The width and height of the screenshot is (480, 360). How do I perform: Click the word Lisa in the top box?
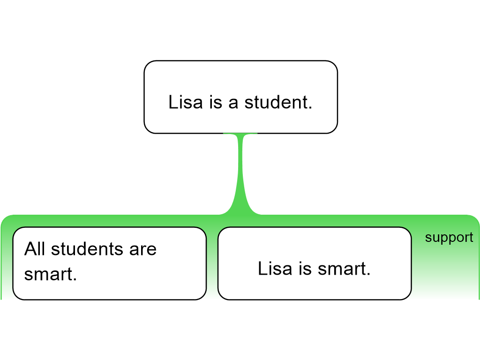pos(186,102)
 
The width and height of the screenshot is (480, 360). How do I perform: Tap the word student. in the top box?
pos(278,102)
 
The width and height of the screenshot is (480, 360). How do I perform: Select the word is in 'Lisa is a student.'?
pos(216,102)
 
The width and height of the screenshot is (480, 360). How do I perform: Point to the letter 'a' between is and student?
pos(233,104)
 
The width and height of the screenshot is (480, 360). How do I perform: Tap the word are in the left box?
pos(142,250)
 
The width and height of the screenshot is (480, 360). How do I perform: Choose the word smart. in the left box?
pos(51,274)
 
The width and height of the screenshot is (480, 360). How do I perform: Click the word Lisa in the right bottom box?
pos(275,269)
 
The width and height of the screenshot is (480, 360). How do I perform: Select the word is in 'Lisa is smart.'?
pos(305,269)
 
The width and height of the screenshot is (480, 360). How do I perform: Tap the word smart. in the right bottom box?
pos(344,269)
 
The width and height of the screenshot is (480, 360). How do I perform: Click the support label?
pos(449,238)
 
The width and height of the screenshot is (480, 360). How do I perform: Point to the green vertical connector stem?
pos(240,174)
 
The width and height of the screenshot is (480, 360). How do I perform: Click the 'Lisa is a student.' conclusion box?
pos(240,97)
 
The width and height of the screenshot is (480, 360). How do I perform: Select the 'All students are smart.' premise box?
pos(109,263)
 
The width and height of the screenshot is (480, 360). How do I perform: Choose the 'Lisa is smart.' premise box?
pos(315,263)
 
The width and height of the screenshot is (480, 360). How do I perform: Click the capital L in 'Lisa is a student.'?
pos(173,102)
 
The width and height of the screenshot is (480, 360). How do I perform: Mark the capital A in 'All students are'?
pos(30,248)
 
